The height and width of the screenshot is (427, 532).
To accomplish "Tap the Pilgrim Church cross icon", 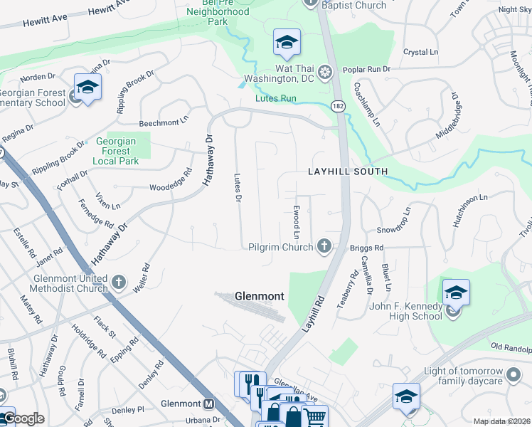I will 324,246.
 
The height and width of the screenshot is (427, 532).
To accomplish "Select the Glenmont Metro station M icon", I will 209,404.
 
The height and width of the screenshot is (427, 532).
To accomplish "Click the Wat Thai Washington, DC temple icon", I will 325,72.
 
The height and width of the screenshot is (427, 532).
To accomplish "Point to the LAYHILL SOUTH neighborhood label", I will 348,172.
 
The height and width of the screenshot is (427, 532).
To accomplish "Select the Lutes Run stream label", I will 276,99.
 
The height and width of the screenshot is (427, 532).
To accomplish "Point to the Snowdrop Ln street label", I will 394,221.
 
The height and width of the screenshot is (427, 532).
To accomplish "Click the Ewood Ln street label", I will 295,223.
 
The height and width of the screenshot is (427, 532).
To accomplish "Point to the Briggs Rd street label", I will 367,248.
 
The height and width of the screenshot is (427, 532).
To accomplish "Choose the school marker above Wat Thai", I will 287,43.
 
